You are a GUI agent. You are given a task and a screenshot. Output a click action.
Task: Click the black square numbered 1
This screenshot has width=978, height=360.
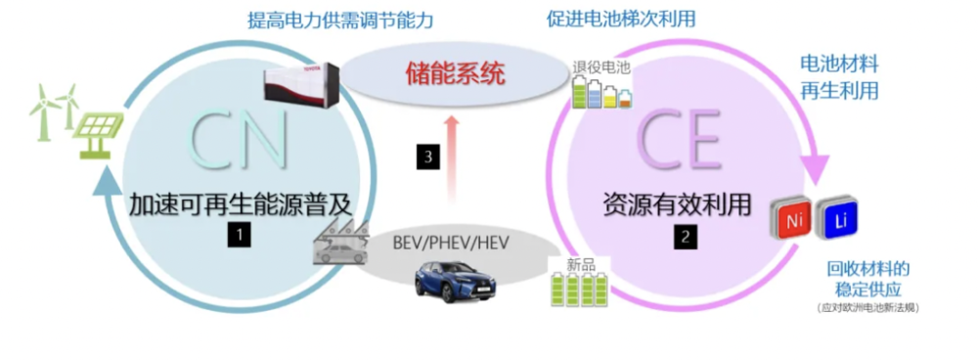click(x=237, y=234)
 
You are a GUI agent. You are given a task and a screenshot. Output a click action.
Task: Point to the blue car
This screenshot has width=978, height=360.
click(x=454, y=280)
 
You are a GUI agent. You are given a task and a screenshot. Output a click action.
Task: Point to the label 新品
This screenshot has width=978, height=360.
click(x=580, y=264)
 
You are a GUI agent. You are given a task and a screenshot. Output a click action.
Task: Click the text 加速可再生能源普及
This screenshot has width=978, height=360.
click(x=240, y=204)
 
